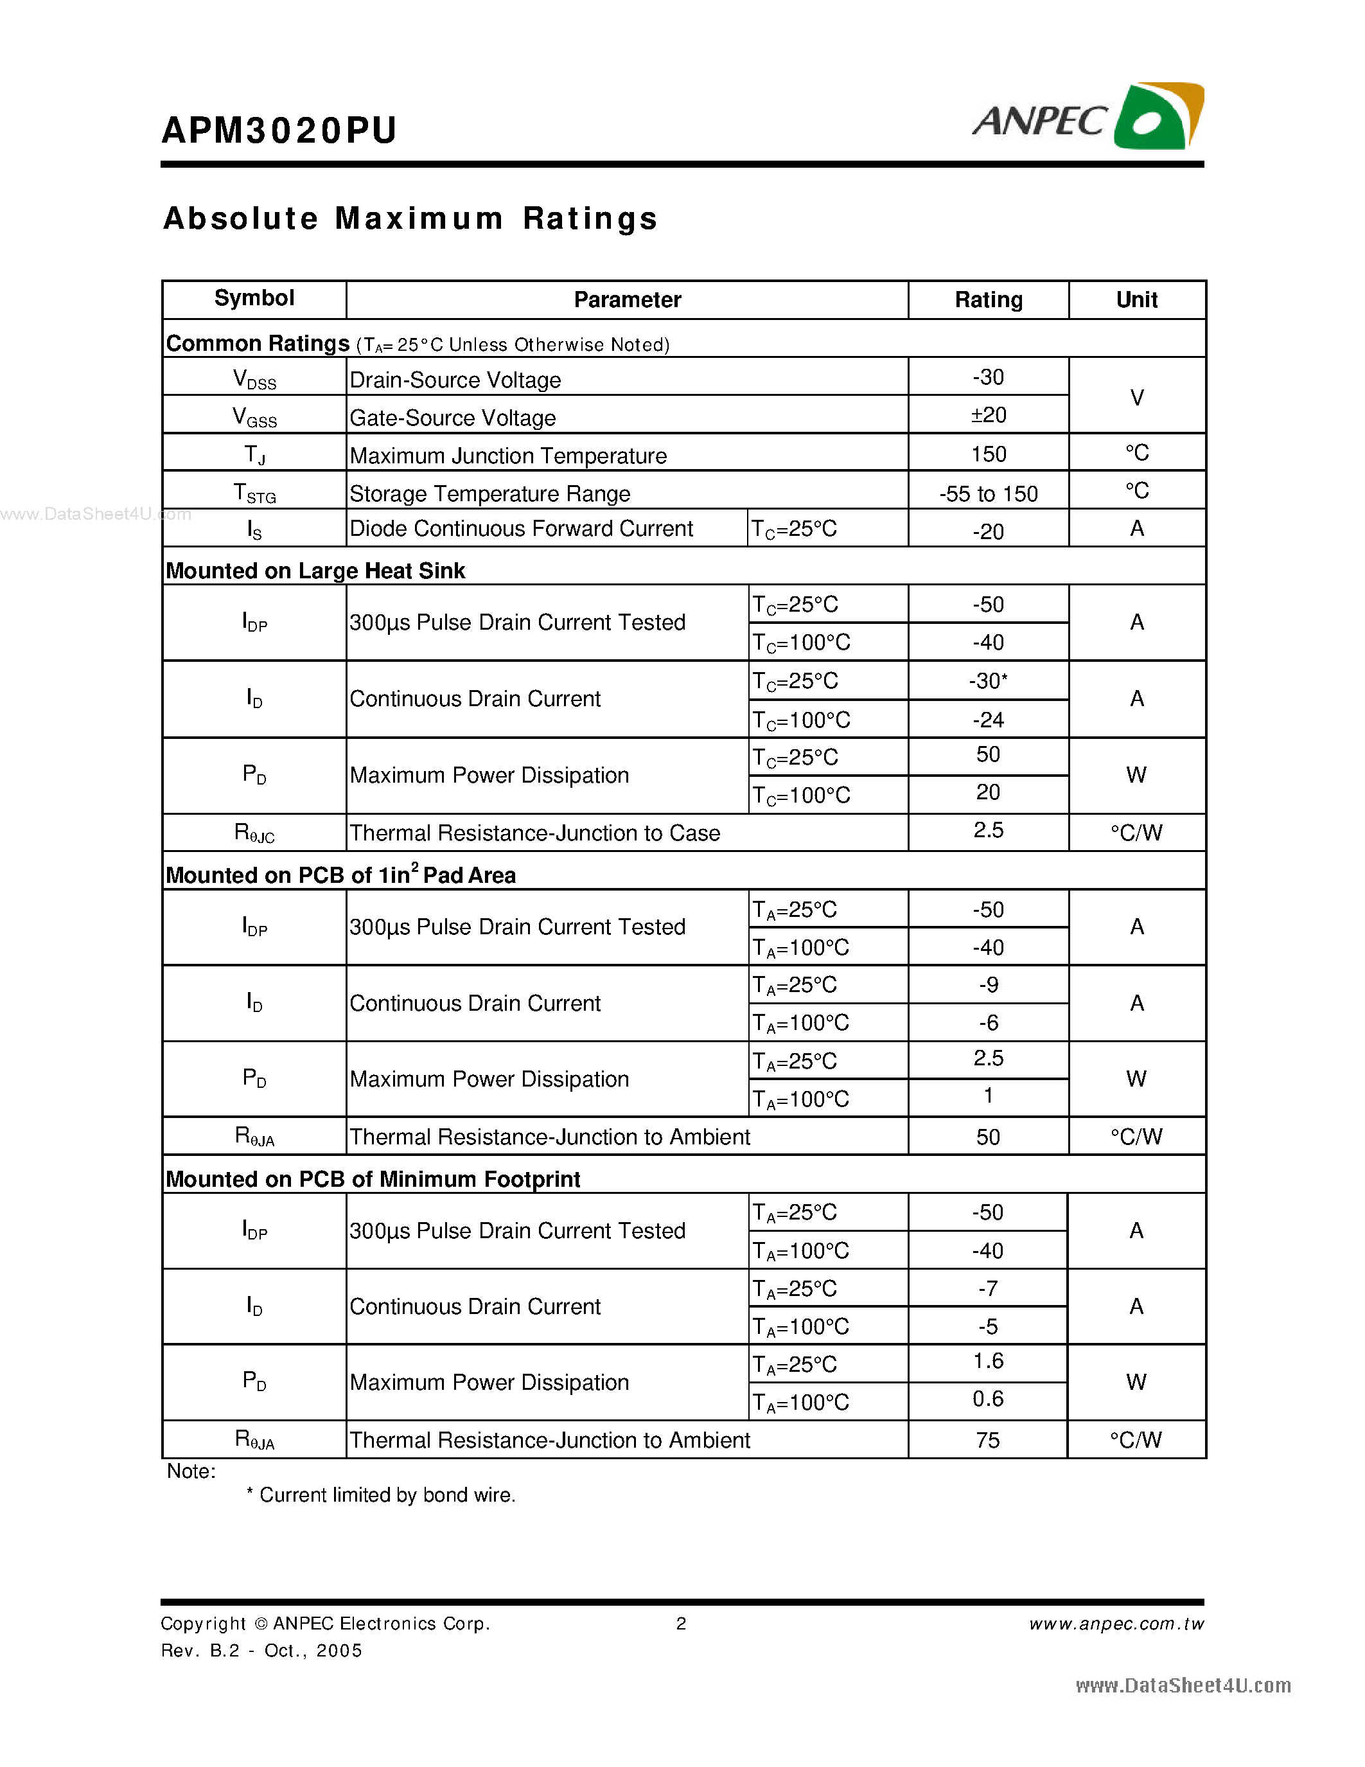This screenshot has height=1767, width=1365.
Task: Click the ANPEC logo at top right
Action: pyautogui.click(x=1088, y=118)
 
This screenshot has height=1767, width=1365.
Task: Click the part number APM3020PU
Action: pyautogui.click(x=279, y=131)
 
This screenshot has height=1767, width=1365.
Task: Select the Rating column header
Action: pyautogui.click(x=988, y=300)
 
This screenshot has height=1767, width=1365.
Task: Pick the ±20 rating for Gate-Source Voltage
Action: pyautogui.click(x=988, y=415)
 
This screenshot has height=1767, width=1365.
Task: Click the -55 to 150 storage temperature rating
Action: pyautogui.click(x=988, y=493)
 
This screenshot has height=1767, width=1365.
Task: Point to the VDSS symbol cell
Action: pyautogui.click(x=254, y=378)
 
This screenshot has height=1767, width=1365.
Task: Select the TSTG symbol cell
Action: pyautogui.click(x=254, y=493)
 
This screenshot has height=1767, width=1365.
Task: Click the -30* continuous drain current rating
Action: pyautogui.click(x=988, y=681)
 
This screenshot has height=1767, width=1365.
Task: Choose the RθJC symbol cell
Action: pyautogui.click(x=254, y=833)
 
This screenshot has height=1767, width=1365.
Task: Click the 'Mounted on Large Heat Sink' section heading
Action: pyautogui.click(x=315, y=571)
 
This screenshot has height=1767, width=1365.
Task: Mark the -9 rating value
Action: pyautogui.click(x=988, y=984)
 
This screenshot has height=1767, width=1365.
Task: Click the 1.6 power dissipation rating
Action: pyautogui.click(x=988, y=1362)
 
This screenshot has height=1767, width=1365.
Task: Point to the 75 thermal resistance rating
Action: pyautogui.click(x=988, y=1440)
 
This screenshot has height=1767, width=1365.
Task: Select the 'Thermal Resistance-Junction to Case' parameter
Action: pyautogui.click(x=534, y=833)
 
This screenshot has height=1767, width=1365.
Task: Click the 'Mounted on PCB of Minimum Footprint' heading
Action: pyautogui.click(x=373, y=1180)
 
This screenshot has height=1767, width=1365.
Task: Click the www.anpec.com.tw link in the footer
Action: pyautogui.click(x=1116, y=1624)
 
